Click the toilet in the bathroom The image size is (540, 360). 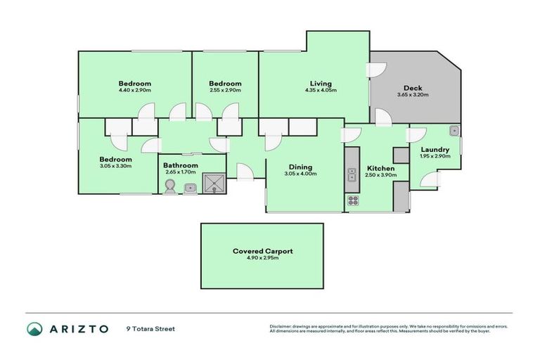pos(169,186)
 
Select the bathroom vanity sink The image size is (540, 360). pos(190,188)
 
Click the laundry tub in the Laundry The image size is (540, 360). pos(454,131)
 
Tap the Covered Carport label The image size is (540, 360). pos(262,251)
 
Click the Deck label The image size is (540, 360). pos(412,89)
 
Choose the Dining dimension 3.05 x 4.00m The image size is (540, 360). pos(298,174)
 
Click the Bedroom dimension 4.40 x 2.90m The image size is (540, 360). pos(134,90)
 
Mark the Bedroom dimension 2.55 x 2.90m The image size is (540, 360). pos(225,90)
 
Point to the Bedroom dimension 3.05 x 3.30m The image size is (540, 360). pos(115,167)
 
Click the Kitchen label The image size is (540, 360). pos(380,169)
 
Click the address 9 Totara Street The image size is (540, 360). pos(150,328)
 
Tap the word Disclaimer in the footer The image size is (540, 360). pos(282,326)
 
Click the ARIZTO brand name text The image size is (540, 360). pos(78,328)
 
